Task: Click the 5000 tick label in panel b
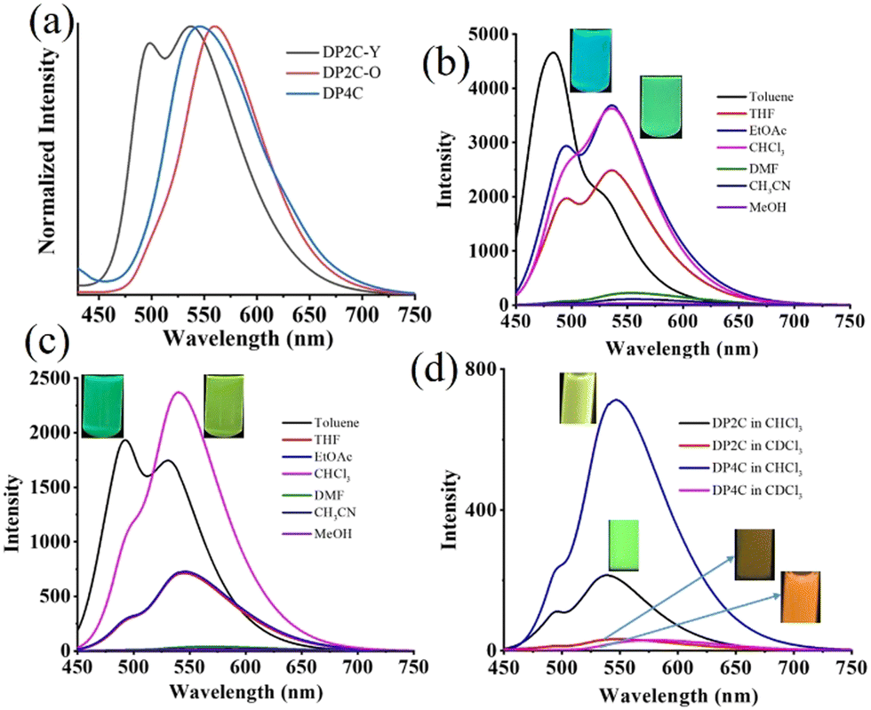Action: [x=488, y=35]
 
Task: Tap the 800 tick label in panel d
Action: [x=482, y=369]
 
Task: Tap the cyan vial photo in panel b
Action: [x=591, y=60]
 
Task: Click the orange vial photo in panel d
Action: [x=801, y=597]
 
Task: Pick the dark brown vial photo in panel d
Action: [x=755, y=554]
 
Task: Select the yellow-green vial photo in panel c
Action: [x=224, y=406]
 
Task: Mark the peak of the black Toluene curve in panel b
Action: [x=553, y=52]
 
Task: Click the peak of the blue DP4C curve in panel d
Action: [x=615, y=400]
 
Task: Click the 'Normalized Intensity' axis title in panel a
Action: [x=49, y=150]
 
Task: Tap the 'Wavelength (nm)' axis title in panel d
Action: [x=678, y=695]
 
